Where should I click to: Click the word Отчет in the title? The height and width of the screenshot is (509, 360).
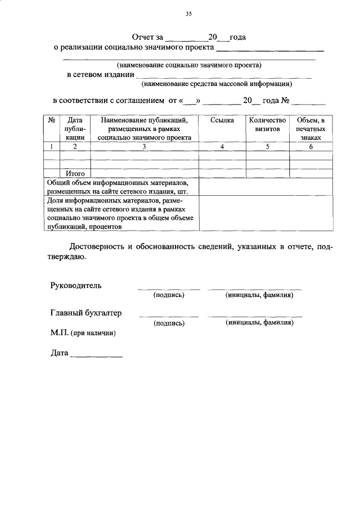coord(143,37)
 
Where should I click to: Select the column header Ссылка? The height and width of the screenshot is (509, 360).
coord(222,120)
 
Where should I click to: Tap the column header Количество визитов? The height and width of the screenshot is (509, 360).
coord(267,124)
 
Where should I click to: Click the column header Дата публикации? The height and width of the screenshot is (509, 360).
coord(75,128)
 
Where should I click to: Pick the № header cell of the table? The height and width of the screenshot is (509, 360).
coord(51,120)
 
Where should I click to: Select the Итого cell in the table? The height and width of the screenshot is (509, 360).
coord(75,174)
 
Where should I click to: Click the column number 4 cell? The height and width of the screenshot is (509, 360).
coord(222,147)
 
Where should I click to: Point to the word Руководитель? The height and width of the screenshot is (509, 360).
coord(76,285)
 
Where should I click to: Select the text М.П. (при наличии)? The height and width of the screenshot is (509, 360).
coord(83,333)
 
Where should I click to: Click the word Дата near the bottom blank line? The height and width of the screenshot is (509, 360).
coord(59,354)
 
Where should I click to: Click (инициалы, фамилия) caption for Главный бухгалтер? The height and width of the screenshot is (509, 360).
coord(259,323)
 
